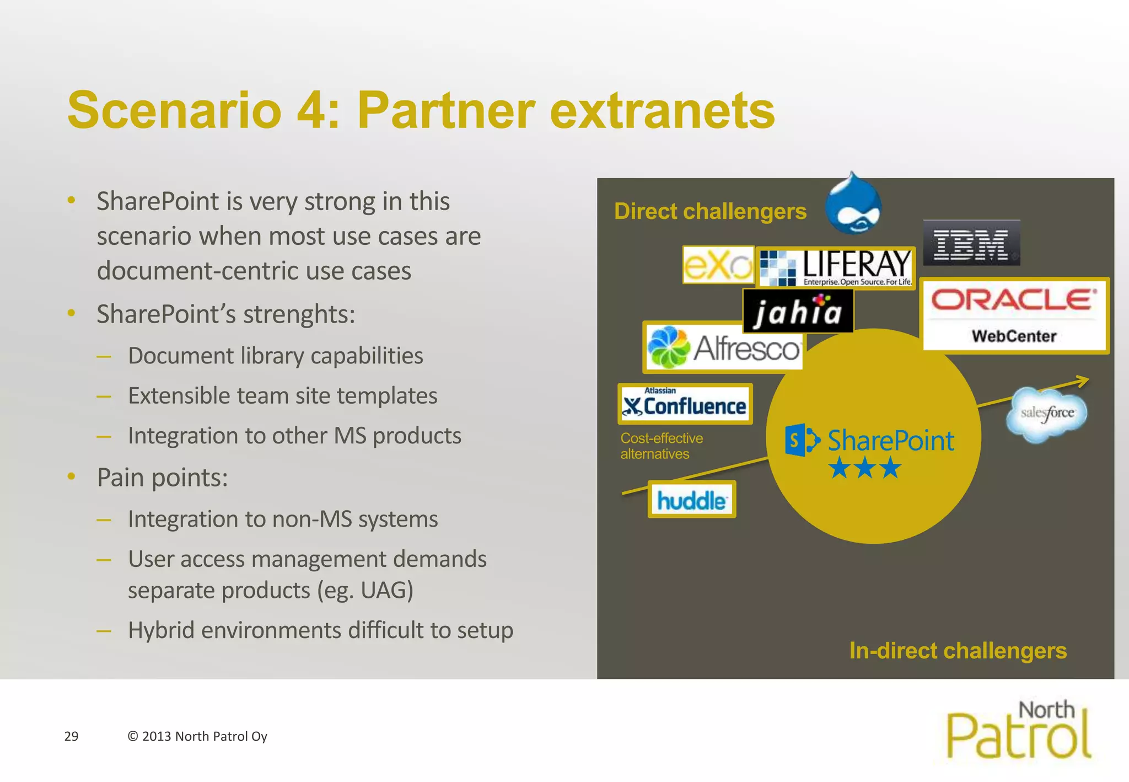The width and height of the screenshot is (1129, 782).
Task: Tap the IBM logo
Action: pyautogui.click(x=971, y=243)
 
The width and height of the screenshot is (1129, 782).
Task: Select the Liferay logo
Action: pyautogui.click(x=836, y=268)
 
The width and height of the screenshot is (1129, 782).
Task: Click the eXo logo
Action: pyautogui.click(x=718, y=265)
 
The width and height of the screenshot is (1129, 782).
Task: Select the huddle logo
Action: pyautogui.click(x=691, y=500)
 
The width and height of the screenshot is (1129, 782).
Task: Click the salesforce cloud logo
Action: pyautogui.click(x=1047, y=414)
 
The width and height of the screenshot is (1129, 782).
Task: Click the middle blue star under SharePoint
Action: pyautogui.click(x=865, y=468)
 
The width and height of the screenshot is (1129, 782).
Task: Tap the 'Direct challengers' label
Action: pyautogui.click(x=710, y=212)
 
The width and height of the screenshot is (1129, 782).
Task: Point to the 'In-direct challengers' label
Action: pyautogui.click(x=958, y=651)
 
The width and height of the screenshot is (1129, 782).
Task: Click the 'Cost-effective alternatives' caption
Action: pyautogui.click(x=661, y=446)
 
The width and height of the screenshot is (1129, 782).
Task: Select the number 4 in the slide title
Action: pyautogui.click(x=311, y=110)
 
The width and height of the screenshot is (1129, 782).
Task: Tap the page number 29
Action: pyautogui.click(x=71, y=736)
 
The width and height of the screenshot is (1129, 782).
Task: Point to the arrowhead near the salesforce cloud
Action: pyautogui.click(x=1082, y=380)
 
